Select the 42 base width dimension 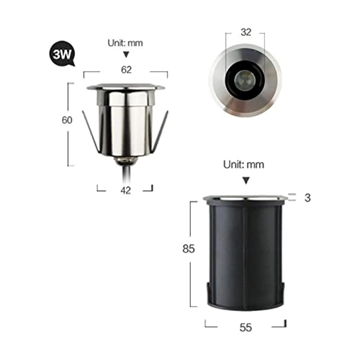pos(125,190)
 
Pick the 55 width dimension pos(246,326)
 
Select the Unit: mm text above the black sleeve pos(246,164)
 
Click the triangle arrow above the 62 pos(126,55)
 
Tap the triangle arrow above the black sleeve pos(246,180)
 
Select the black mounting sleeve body pos(245,252)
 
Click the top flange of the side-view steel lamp pos(126,89)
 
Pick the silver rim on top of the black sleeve pos(246,198)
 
